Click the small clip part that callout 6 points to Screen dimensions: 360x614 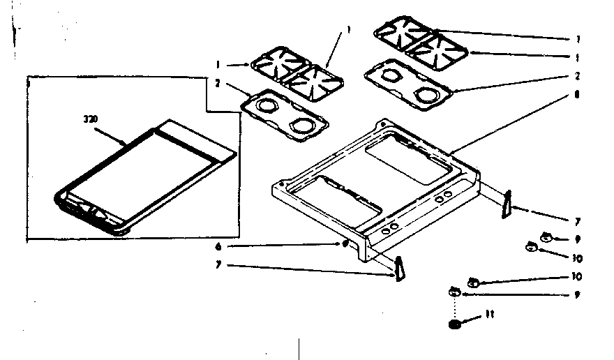pos(345,243)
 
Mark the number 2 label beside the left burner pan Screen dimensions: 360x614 pos(218,82)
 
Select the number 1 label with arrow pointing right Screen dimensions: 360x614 pos(218,64)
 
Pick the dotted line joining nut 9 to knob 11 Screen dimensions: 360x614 pos(456,307)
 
